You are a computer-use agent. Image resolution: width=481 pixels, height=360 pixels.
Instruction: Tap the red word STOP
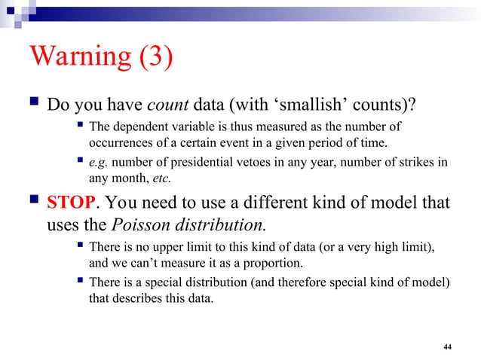(72, 203)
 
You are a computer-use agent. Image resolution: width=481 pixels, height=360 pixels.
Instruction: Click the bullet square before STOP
(32, 203)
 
